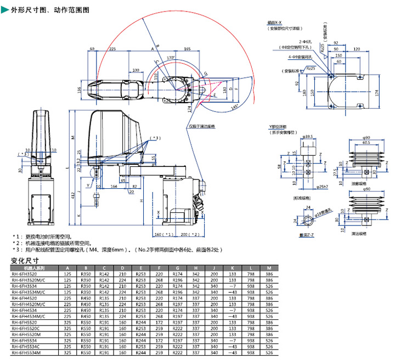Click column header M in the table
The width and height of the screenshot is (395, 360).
pyautogui.click(x=269, y=267)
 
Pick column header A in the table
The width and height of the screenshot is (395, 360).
pyautogui.click(x=68, y=267)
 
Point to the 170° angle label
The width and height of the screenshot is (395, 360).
pyautogui.click(x=171, y=57)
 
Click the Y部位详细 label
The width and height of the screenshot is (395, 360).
pyautogui.click(x=279, y=127)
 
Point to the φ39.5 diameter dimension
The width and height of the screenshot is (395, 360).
pyautogui.click(x=307, y=136)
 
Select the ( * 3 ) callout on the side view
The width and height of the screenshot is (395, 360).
pyautogui.click(x=156, y=138)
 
